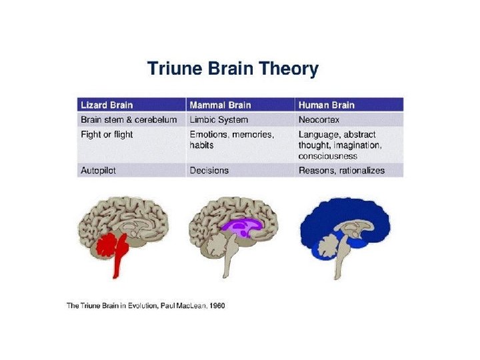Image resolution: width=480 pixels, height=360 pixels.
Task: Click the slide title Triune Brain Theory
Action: coord(232,69)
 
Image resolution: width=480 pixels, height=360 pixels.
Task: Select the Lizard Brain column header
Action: coord(107,105)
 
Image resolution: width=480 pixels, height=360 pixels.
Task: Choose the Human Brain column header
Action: coord(327,105)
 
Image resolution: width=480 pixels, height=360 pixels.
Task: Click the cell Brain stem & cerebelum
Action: coord(129,120)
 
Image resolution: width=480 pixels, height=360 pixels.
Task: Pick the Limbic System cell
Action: coord(219,120)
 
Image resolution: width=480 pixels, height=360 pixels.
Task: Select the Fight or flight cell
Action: coord(107,135)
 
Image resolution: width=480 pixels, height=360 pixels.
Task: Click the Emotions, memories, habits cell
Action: coord(231,139)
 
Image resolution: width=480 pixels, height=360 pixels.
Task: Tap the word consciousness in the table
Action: coord(328,156)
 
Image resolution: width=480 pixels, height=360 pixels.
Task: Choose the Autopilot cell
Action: coord(98,171)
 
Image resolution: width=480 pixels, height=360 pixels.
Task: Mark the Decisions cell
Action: coord(209,171)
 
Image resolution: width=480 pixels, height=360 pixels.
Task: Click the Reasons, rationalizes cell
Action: coord(341,171)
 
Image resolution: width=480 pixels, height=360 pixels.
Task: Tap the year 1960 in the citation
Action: coord(217,306)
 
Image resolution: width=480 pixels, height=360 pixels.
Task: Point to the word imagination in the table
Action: coord(359,145)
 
